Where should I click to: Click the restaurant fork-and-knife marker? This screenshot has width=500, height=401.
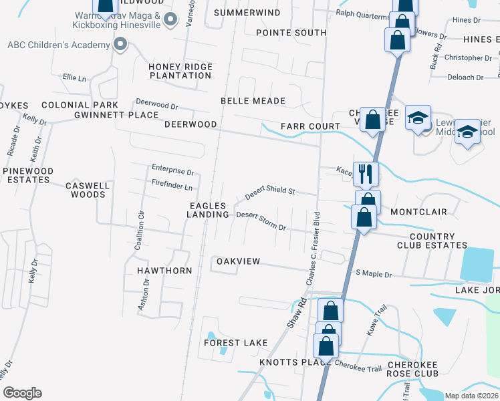(x=366, y=174)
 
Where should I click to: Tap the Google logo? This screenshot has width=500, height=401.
(x=22, y=393)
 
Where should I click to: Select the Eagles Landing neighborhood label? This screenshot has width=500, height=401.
(x=209, y=209)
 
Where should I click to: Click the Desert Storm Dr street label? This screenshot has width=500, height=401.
(x=261, y=221)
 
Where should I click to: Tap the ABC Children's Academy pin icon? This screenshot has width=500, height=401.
(x=120, y=45)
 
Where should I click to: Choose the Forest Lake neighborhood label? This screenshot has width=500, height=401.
(x=235, y=343)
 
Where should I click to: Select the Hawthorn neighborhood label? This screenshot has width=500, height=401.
(x=164, y=271)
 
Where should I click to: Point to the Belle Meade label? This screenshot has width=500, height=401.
(x=253, y=101)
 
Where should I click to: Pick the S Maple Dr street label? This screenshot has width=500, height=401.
(x=374, y=273)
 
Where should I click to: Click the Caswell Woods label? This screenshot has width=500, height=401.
(x=86, y=190)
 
